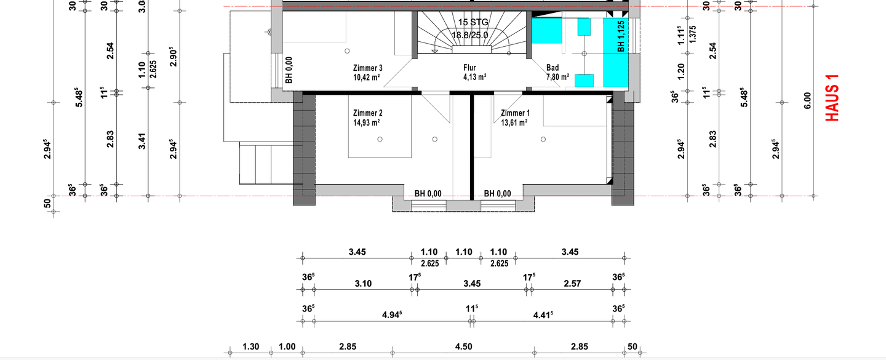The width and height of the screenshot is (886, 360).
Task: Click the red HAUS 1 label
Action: point(832,97)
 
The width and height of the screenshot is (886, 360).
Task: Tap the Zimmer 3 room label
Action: point(367,68)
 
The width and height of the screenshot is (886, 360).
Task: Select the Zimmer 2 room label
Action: point(367,113)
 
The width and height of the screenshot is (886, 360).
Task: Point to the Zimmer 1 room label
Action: point(515,113)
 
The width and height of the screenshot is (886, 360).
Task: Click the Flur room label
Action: point(469,68)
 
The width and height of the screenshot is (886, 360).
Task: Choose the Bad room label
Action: point(553,68)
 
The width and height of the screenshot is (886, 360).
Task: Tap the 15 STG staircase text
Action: point(473,22)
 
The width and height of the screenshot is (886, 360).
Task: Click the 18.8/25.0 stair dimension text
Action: point(470,35)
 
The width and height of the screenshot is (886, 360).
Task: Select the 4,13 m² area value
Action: point(474,77)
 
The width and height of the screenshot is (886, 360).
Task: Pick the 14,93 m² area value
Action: point(367,122)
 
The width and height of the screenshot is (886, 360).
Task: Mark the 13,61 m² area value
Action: point(514,122)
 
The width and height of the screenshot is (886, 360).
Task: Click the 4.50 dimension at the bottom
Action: point(463,346)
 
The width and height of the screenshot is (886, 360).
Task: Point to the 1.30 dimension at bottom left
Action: point(250,346)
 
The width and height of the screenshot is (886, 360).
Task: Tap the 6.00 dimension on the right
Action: point(807,100)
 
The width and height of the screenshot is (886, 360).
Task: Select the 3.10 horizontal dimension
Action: point(363,283)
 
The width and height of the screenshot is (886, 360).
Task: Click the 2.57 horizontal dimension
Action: point(572,283)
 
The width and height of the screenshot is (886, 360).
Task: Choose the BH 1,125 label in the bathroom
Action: point(621,36)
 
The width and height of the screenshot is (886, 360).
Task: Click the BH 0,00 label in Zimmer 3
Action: point(289,70)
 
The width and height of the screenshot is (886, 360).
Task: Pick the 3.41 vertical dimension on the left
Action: point(142,142)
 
